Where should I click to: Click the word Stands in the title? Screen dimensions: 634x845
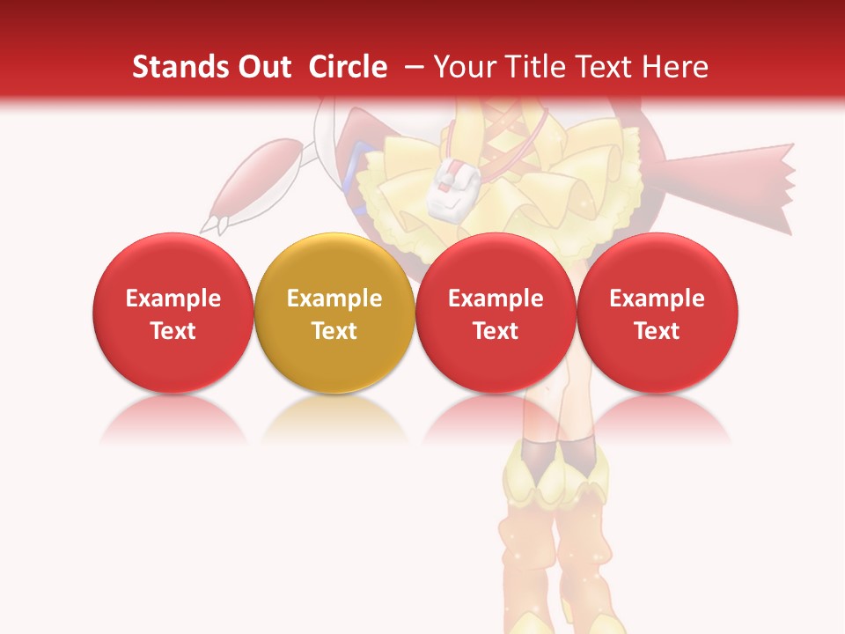click(x=173, y=67)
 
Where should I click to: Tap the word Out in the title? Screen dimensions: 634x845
click(x=262, y=67)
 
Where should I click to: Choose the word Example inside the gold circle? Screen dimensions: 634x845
click(x=334, y=299)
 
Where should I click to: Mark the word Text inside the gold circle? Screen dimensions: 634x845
click(x=334, y=331)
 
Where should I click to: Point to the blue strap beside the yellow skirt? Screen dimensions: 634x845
click(x=351, y=172)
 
